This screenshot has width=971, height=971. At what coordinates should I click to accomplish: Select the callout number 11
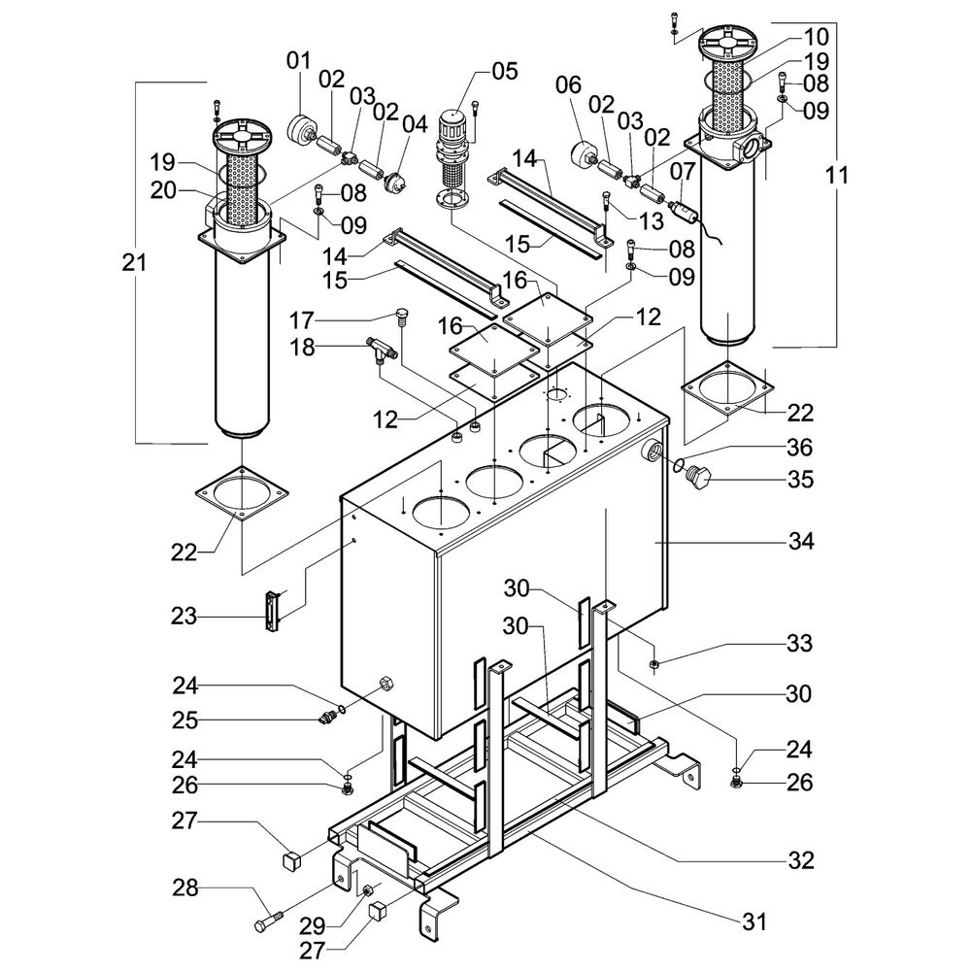click(x=838, y=176)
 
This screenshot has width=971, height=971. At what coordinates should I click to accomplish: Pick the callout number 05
click(x=505, y=71)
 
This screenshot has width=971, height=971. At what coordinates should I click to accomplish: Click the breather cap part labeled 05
click(x=452, y=146)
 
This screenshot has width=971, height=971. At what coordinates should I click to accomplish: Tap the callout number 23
click(x=184, y=616)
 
